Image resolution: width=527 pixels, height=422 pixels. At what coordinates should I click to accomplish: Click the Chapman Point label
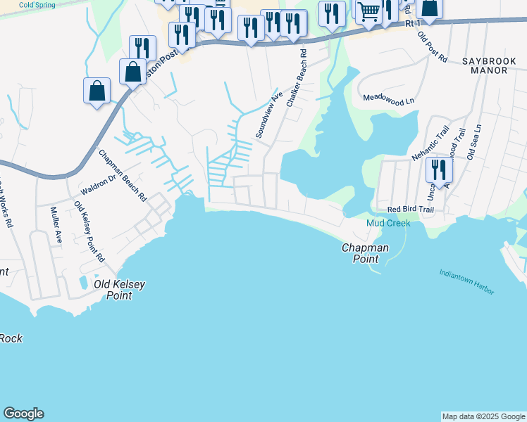365,253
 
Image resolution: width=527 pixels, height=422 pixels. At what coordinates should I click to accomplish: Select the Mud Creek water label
387,223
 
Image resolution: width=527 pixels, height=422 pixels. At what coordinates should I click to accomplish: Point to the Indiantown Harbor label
466,281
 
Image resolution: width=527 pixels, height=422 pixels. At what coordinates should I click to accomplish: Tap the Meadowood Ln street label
388,101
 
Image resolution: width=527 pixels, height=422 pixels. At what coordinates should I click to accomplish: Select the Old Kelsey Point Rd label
89,231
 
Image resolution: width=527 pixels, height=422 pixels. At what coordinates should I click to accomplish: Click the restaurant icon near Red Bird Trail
439,170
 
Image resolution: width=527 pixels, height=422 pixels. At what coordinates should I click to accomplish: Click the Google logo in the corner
23,413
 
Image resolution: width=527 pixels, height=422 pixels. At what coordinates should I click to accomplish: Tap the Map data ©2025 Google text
483,416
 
